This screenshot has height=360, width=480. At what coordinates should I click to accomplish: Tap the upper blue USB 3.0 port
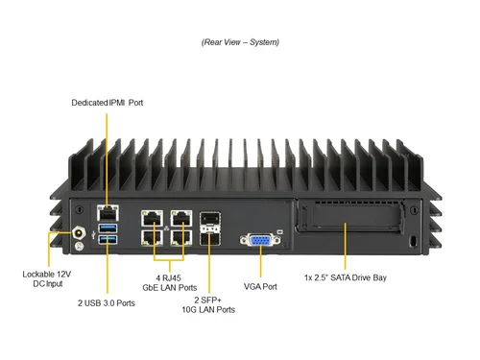pyautogui.click(x=106, y=227)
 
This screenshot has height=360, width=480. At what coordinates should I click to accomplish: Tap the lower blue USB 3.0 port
pyautogui.click(x=106, y=238)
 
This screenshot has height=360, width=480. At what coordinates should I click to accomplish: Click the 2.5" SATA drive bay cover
pyautogui.click(x=351, y=228)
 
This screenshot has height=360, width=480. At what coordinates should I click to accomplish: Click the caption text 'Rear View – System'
pyautogui.click(x=240, y=42)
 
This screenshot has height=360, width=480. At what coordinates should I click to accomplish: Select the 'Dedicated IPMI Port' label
pyautogui.click(x=108, y=102)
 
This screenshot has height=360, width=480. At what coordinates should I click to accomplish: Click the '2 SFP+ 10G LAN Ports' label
pyautogui.click(x=208, y=304)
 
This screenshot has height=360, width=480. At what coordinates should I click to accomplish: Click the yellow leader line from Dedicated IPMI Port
pyautogui.click(x=108, y=154)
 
